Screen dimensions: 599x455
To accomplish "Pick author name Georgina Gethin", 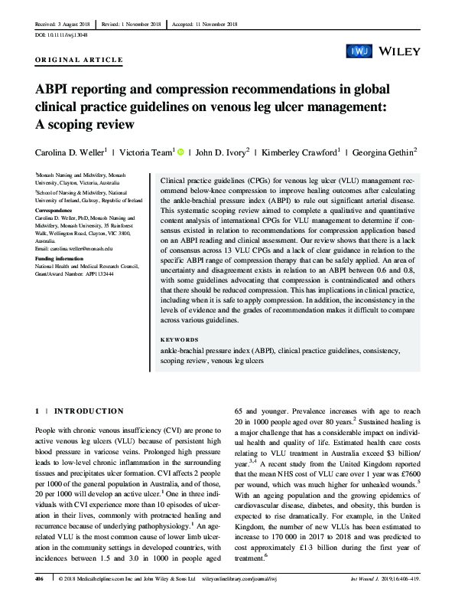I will pos(385,152).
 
